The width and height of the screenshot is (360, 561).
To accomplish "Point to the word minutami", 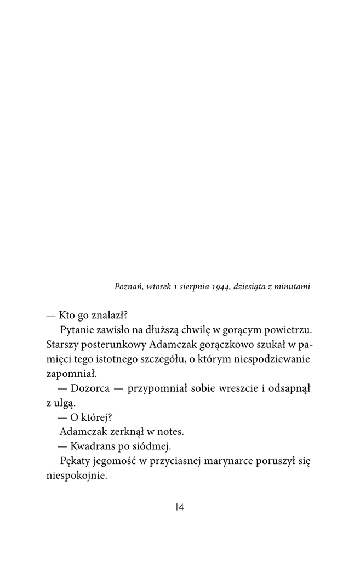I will click(293, 286).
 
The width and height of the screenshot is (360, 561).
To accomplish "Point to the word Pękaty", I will click(75, 461).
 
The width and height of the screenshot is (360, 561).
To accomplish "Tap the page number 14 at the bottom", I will click(180, 507).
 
